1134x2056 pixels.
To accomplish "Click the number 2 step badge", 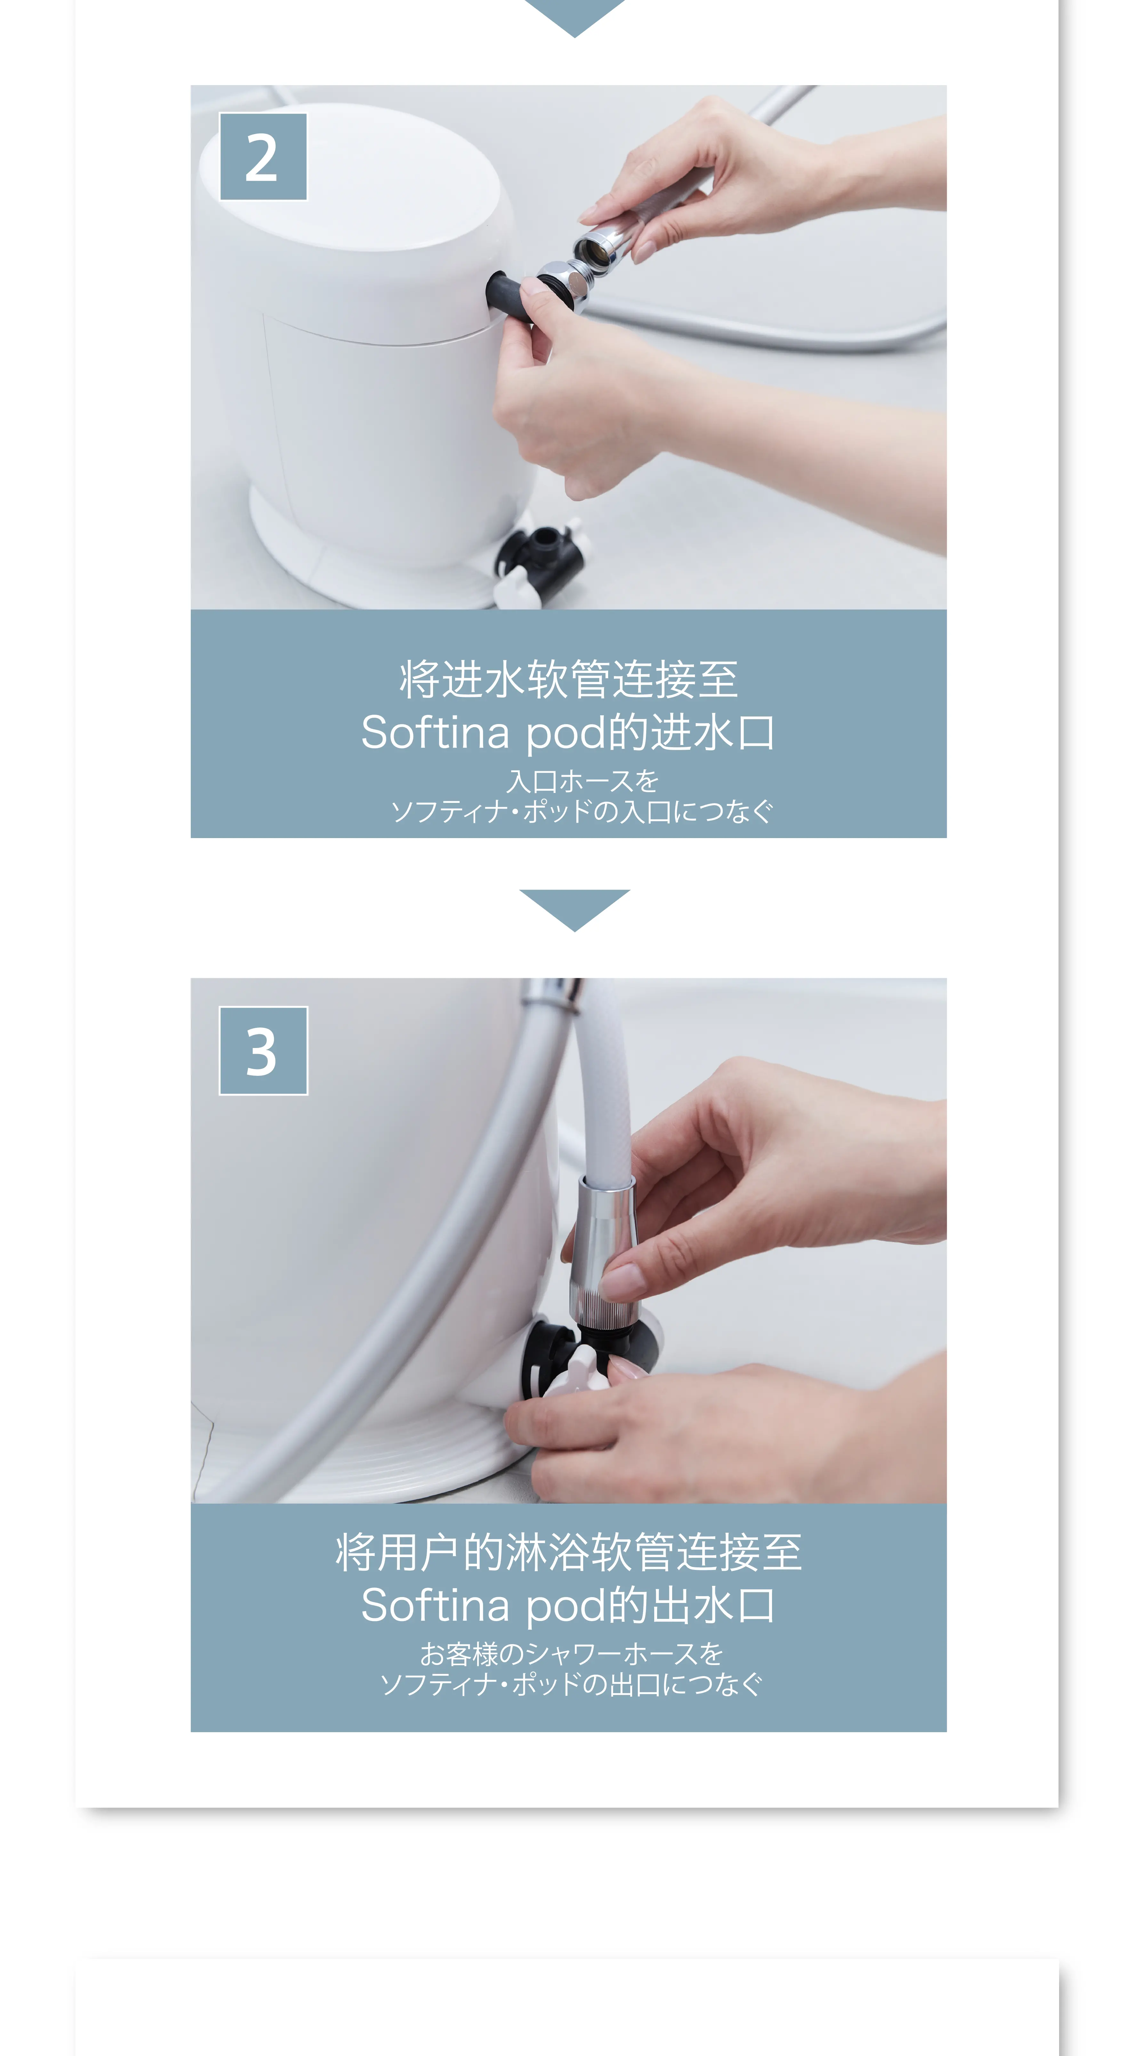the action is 263,156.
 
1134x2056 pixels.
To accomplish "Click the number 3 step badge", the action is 263,1050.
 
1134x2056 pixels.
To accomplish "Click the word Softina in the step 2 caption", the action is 435,733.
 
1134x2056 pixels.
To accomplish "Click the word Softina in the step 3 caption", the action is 435,1605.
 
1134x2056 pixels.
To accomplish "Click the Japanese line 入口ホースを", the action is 583,780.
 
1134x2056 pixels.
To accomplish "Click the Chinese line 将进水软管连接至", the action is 569,679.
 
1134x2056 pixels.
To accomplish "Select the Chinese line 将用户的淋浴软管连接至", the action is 569,1552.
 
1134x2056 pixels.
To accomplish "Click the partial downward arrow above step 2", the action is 575,16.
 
